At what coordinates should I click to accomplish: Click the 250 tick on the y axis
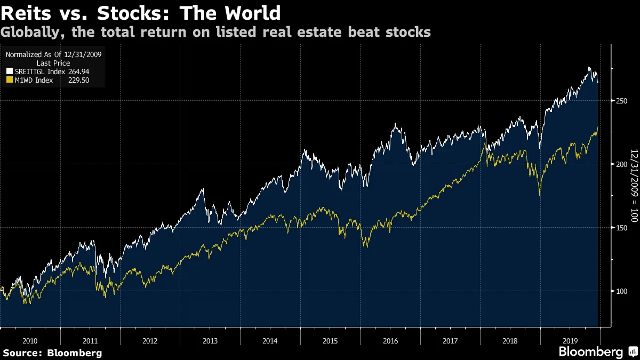[620, 101]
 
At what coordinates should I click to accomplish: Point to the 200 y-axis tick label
[620, 164]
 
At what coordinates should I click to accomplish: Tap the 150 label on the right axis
[620, 228]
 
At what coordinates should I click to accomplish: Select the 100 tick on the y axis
[620, 291]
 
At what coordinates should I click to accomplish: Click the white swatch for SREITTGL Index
[9, 71]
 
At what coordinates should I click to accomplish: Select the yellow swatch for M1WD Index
[9, 80]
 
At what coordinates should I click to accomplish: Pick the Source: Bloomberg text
[52, 353]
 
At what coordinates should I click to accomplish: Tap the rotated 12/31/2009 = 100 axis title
[634, 171]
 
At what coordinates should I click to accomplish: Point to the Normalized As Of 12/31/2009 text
[54, 54]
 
